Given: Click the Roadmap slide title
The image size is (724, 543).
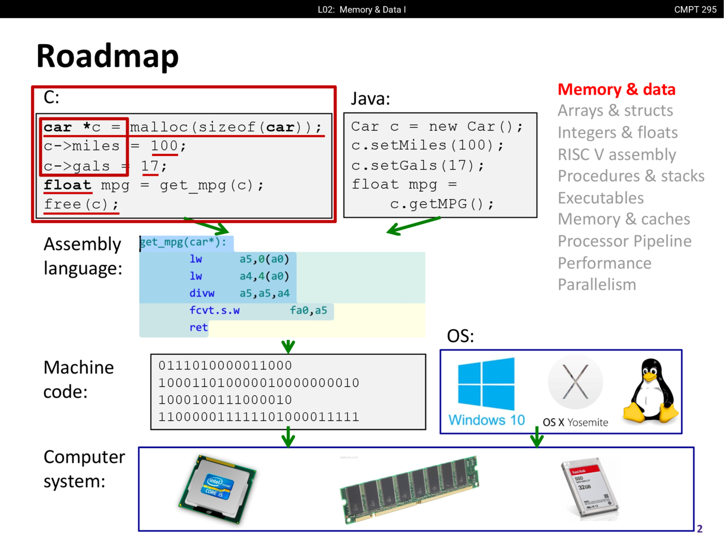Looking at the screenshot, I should (x=107, y=56).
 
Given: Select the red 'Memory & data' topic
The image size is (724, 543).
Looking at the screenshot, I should (x=617, y=89).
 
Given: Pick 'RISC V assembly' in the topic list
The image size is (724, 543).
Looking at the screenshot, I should (x=617, y=154).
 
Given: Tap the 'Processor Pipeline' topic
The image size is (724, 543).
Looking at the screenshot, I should (x=624, y=241).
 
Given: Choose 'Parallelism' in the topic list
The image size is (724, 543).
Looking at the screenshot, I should (x=597, y=285).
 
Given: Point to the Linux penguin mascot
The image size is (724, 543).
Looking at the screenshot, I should (x=651, y=391).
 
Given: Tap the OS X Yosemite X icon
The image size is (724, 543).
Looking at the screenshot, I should (x=575, y=382).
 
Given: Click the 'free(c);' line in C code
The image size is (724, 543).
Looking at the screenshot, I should (x=81, y=204).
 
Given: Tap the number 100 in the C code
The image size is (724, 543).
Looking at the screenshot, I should (x=164, y=146).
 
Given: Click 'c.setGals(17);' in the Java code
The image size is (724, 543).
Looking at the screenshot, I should (x=417, y=165).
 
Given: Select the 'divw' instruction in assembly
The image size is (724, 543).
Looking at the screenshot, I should (x=202, y=294).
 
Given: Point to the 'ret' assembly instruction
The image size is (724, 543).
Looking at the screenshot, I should (x=199, y=327).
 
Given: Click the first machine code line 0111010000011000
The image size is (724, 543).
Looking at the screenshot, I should (x=225, y=365).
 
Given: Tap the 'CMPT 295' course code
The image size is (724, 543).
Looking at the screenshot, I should (x=695, y=10).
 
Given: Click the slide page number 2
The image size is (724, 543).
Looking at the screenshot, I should (x=700, y=529).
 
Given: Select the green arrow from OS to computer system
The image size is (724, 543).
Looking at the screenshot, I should (x=537, y=437).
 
